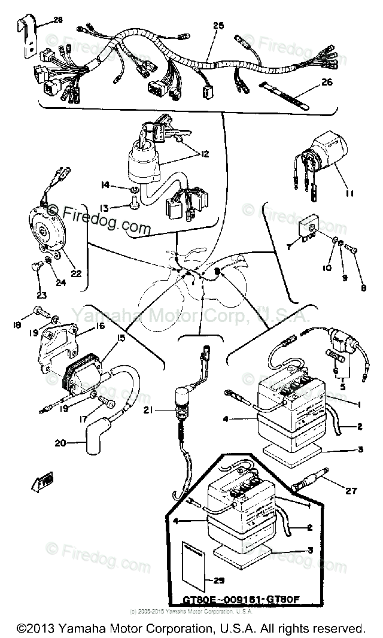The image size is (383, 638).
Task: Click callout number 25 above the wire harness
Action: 218,25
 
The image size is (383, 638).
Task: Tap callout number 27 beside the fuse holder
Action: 351,491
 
